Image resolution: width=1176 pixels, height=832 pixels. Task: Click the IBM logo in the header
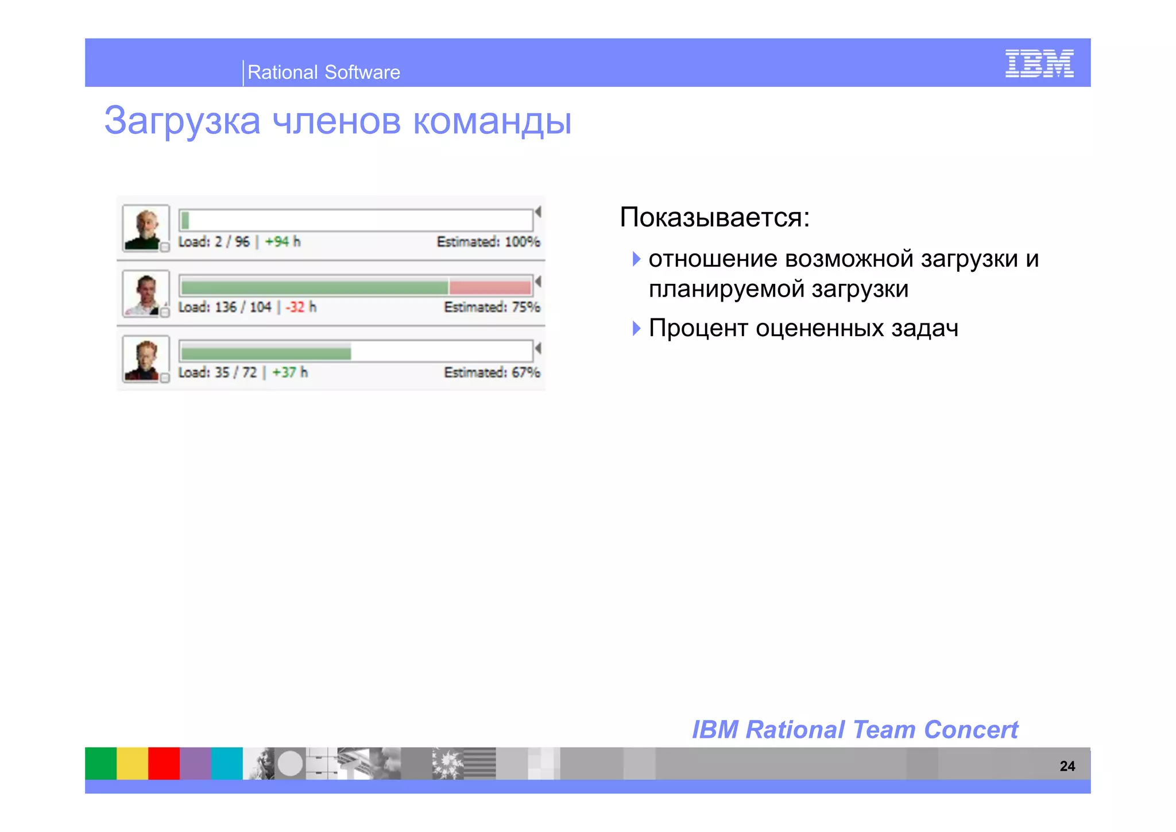1039,63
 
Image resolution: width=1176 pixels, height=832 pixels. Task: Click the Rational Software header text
323,72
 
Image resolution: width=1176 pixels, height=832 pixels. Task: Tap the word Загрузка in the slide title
182,121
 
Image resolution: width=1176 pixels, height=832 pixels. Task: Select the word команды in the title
492,121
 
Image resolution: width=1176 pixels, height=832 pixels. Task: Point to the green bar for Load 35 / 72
266,352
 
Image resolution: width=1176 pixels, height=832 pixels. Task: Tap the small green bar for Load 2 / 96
185,220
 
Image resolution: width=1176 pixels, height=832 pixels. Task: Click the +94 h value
282,242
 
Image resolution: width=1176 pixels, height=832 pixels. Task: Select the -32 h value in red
300,307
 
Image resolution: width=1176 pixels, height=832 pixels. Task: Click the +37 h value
289,373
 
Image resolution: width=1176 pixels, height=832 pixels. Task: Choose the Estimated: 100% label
488,242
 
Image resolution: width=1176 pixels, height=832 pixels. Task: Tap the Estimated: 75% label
492,307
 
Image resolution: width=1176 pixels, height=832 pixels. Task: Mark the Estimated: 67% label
492,373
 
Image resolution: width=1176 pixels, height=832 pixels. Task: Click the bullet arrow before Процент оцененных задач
636,329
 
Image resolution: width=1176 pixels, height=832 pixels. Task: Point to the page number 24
1067,766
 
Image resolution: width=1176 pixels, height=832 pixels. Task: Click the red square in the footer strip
164,763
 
